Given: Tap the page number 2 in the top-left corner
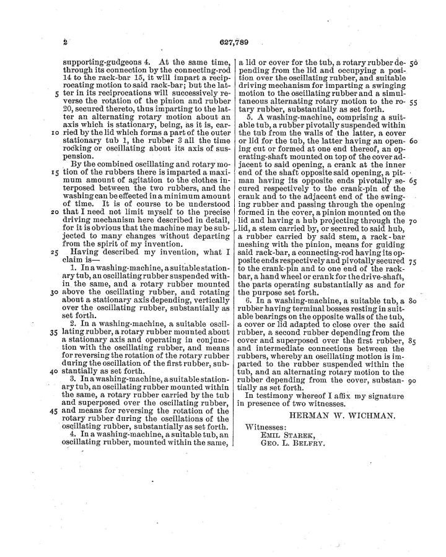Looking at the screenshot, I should click(x=64, y=43).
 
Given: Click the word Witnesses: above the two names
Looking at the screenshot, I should click(x=266, y=427).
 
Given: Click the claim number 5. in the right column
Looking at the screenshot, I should click(x=250, y=116).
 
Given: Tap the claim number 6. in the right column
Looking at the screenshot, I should click(x=250, y=300).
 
